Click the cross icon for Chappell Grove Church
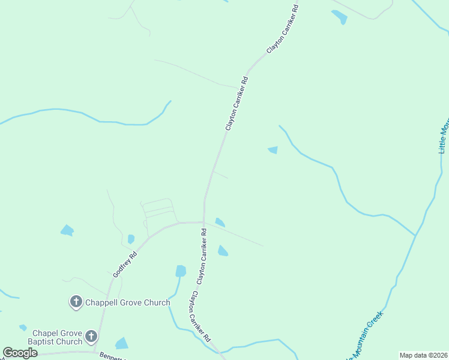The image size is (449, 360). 76,301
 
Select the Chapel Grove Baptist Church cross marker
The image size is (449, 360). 91,337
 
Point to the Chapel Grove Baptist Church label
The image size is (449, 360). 57,337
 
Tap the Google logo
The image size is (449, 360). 20,353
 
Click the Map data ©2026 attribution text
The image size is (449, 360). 423,355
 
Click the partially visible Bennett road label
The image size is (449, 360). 112,355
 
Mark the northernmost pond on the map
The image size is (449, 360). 340,17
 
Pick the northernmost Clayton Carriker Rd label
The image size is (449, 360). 283,29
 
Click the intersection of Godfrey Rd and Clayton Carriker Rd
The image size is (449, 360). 204,223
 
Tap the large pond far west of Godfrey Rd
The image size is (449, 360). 67,230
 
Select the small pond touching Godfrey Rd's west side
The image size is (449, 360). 131,239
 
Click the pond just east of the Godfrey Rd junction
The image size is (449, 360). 220,223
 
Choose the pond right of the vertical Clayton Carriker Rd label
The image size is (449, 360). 223,251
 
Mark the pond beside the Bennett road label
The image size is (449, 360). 122,343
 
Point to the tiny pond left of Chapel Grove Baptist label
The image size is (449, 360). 23,328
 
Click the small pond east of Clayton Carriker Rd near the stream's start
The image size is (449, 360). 273,150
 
